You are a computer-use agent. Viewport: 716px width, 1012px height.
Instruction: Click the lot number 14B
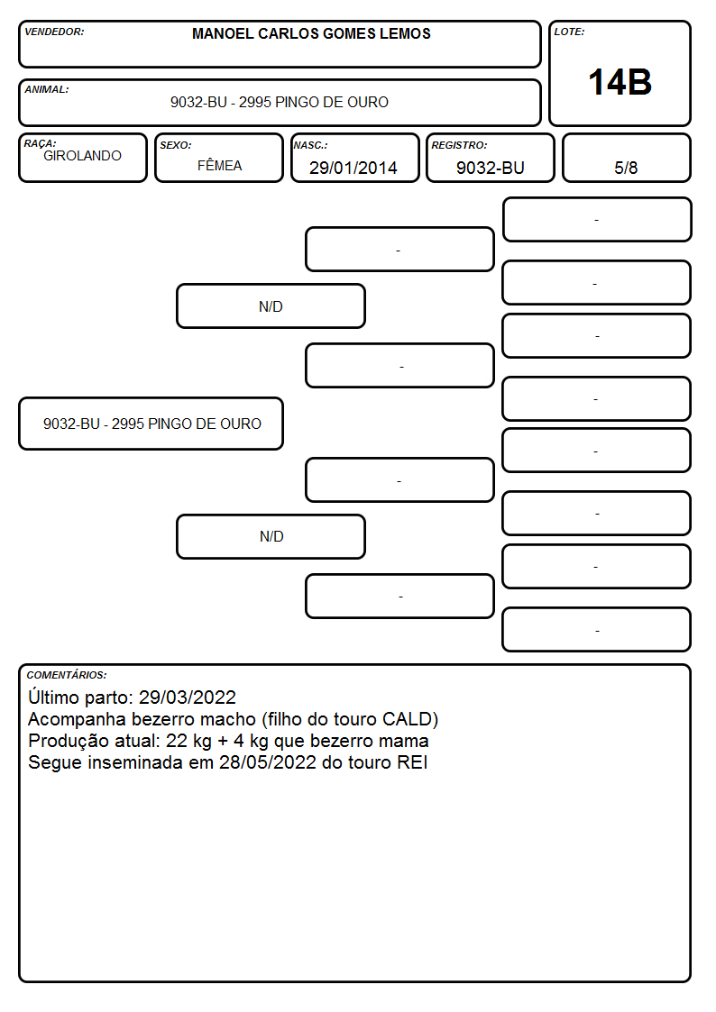pos(620,83)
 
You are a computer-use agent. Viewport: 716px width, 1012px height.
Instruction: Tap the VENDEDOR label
pos(54,32)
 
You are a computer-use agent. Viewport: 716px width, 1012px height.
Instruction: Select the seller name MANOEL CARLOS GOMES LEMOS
pos(311,33)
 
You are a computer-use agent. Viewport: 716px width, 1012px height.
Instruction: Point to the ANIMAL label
pos(47,89)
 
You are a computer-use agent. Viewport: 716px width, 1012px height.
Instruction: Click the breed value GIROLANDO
pos(82,156)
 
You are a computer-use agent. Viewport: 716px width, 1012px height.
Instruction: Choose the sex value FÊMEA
pos(219,165)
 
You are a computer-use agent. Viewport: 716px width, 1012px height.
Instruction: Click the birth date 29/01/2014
pos(353,168)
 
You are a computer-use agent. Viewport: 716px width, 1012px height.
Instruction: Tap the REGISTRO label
pos(459,145)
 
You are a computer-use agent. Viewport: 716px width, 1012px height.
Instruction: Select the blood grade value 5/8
pos(626,168)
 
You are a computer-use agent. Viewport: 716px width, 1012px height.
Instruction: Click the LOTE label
pos(569,32)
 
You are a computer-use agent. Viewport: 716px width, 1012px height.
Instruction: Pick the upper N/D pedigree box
pos(271,305)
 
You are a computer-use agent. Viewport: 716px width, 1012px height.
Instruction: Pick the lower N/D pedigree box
pos(271,536)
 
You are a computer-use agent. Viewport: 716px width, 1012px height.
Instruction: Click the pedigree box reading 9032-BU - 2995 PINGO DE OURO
pos(151,424)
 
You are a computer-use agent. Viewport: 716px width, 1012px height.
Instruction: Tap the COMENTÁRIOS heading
pos(67,675)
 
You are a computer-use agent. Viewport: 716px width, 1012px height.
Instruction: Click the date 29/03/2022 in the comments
pos(188,697)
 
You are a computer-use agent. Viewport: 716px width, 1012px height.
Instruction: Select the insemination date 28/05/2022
pos(268,762)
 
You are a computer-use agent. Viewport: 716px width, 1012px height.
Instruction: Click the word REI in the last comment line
pos(412,762)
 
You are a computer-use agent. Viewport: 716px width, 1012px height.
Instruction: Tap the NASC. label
pos(310,145)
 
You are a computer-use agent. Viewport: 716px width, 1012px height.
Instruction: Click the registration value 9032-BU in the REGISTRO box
pos(490,168)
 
